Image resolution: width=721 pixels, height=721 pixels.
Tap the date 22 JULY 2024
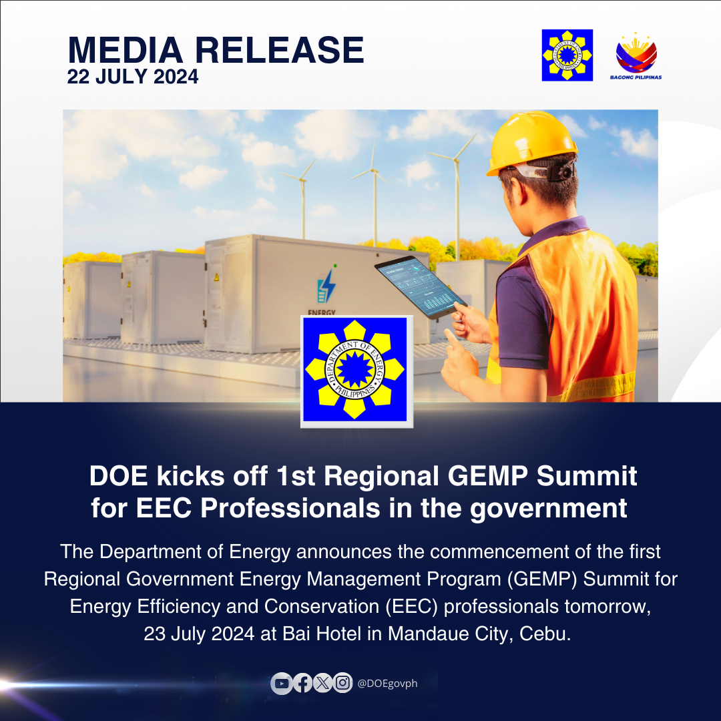(133, 76)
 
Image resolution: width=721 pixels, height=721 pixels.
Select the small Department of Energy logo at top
(567, 55)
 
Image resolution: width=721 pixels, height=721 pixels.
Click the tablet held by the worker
(421, 286)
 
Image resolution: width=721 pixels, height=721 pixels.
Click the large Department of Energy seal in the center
(356, 371)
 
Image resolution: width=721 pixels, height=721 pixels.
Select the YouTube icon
(282, 684)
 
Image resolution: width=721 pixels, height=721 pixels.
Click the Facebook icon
(302, 684)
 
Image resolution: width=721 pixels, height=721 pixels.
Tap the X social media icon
(323, 684)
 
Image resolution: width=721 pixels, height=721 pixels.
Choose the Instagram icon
(342, 683)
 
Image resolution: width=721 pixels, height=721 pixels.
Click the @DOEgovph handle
(387, 684)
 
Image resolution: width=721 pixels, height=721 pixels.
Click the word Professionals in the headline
(290, 508)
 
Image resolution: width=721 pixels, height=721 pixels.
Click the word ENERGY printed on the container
(321, 312)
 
